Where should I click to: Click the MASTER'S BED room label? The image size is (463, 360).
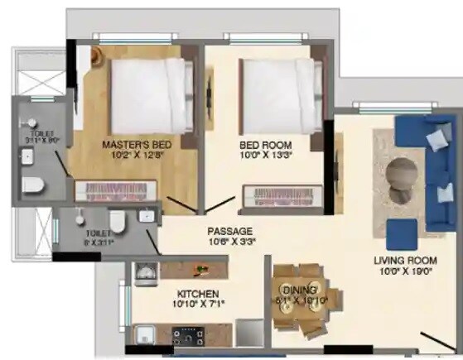(136, 145)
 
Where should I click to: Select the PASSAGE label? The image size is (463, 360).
(229, 231)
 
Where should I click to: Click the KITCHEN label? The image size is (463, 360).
(197, 294)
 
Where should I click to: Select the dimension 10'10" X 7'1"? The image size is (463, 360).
(197, 305)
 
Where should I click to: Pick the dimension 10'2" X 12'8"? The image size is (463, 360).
(136, 155)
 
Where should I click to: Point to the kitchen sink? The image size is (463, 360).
(142, 335)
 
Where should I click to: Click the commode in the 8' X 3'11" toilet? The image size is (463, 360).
(117, 221)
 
